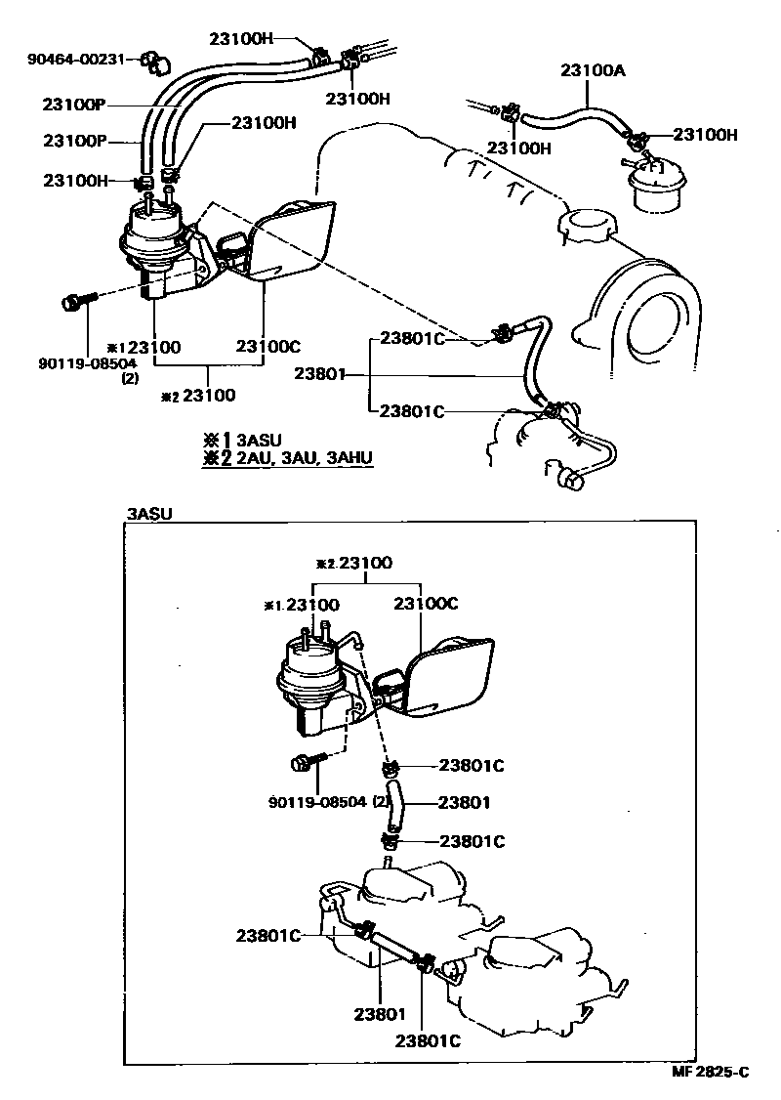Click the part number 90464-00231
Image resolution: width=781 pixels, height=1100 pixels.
77,59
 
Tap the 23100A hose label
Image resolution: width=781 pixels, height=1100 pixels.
592,70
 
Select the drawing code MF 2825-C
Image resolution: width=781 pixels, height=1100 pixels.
709,1072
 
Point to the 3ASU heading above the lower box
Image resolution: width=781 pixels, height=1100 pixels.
149,514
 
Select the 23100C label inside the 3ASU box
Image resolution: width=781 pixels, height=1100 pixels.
426,604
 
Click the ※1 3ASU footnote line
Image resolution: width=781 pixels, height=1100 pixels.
243,440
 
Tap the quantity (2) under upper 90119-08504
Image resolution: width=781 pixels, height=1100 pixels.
129,378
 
